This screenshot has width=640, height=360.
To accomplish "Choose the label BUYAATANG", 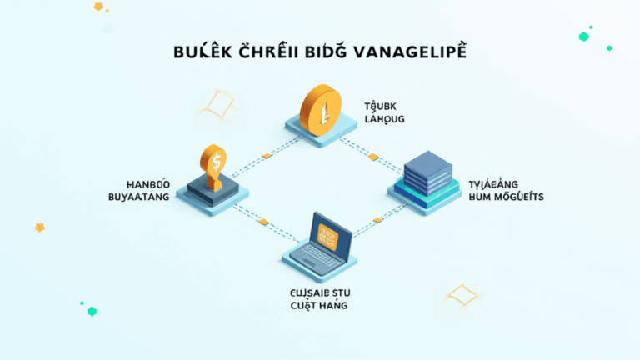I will point(133,197).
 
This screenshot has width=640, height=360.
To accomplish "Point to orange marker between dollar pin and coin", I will point(265,155).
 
